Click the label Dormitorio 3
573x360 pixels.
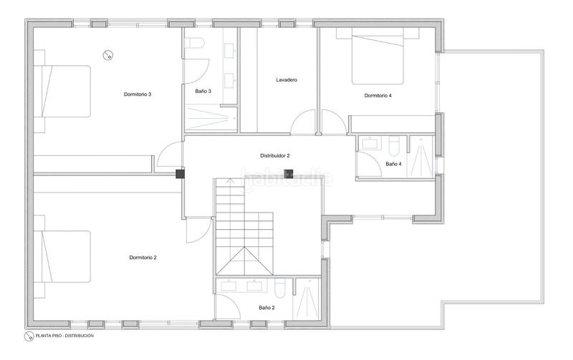137,94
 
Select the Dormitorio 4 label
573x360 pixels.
377,95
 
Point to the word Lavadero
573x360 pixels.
286,79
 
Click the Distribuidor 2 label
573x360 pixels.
274,155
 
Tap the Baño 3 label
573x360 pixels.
203,91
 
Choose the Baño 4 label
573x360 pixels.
393,164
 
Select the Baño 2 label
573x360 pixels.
266,307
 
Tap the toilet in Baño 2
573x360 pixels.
281,288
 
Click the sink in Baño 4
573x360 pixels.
370,142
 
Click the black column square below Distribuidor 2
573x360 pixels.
289,172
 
